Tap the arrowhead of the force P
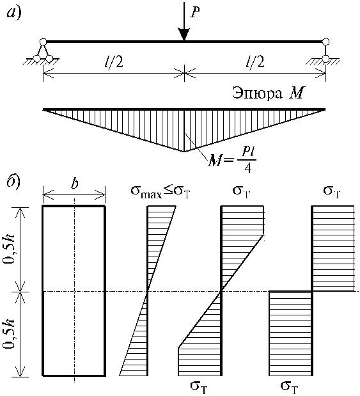[x=184, y=35]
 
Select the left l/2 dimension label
[x=114, y=61]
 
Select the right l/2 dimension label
[x=255, y=61]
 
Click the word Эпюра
[x=257, y=93]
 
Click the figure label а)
[x=15, y=12]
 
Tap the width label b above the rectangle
[x=74, y=184]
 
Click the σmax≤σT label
[x=160, y=193]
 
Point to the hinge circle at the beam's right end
[x=325, y=42]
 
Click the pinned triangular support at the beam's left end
[x=43, y=52]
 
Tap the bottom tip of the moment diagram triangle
[x=184, y=152]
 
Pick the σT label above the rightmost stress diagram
[x=332, y=192]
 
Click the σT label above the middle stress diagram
[x=242, y=192]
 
